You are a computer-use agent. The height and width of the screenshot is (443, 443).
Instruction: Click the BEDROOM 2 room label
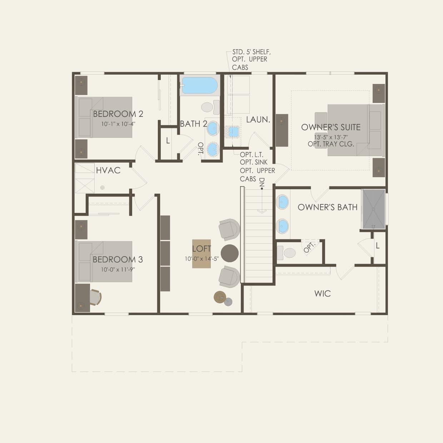(118, 114)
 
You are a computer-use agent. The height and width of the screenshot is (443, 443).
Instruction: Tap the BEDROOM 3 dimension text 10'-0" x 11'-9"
(118, 269)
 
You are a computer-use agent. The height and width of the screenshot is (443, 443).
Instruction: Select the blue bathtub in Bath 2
(199, 86)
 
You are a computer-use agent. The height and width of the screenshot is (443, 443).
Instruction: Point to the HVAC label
(108, 170)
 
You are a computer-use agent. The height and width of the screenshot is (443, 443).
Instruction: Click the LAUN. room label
(258, 120)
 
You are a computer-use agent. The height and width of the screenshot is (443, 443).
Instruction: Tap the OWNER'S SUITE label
(331, 127)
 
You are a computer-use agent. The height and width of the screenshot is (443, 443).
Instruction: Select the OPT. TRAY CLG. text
(331, 144)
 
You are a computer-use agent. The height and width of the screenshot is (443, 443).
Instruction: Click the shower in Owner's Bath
(373, 209)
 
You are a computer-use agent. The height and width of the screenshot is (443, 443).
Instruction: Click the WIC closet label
(322, 294)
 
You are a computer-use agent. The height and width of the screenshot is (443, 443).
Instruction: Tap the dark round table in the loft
(230, 253)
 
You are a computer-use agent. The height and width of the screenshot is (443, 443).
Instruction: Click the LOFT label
(201, 249)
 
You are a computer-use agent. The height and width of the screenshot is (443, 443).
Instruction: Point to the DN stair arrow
(262, 200)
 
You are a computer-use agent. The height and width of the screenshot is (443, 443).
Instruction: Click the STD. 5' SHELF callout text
(251, 52)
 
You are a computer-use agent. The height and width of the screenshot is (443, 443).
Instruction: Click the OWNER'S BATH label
(327, 207)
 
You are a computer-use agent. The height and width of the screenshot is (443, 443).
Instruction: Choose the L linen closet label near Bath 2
(168, 141)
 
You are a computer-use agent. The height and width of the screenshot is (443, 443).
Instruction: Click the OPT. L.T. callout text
(252, 155)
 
